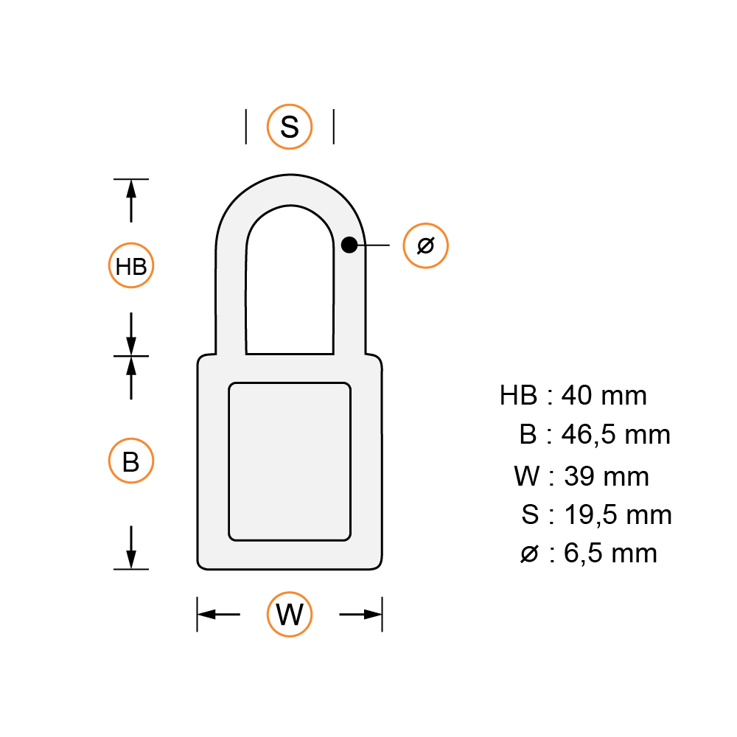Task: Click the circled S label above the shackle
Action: click(290, 127)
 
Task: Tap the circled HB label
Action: click(132, 265)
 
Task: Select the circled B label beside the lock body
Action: click(131, 461)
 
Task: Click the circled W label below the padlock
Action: click(290, 614)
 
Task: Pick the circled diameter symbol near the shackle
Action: click(425, 245)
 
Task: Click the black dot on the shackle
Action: click(349, 245)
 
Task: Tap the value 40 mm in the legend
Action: click(604, 396)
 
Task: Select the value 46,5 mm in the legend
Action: click(615, 435)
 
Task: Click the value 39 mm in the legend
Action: click(607, 477)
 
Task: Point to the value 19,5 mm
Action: click(618, 514)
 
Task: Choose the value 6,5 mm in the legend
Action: click(610, 553)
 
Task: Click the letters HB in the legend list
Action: click(518, 396)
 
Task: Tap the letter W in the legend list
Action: click(527, 477)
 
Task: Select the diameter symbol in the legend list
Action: click(529, 553)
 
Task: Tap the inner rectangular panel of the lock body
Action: click(290, 461)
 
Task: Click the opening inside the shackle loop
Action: click(290, 287)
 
